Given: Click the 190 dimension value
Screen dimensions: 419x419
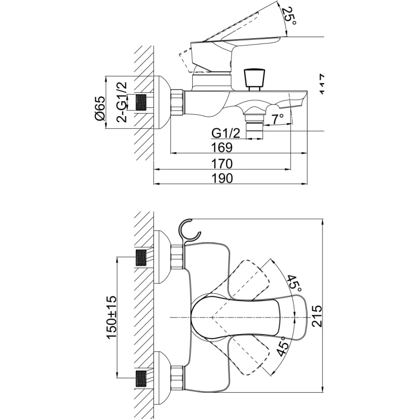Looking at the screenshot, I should click(x=222, y=178).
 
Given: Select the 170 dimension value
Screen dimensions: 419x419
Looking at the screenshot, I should click(x=222, y=163).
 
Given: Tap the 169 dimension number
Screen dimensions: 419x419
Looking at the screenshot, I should click(x=222, y=148).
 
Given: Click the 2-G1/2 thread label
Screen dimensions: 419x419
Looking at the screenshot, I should click(x=121, y=102).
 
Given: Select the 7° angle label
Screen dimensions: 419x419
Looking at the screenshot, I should click(x=278, y=118).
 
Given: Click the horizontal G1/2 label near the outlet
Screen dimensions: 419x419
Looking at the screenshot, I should click(x=226, y=134).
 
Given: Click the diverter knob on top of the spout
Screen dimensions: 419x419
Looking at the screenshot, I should click(x=253, y=78).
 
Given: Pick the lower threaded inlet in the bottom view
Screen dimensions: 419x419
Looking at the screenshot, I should click(x=141, y=378).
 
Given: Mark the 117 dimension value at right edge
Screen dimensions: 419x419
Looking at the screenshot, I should click(x=322, y=84).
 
